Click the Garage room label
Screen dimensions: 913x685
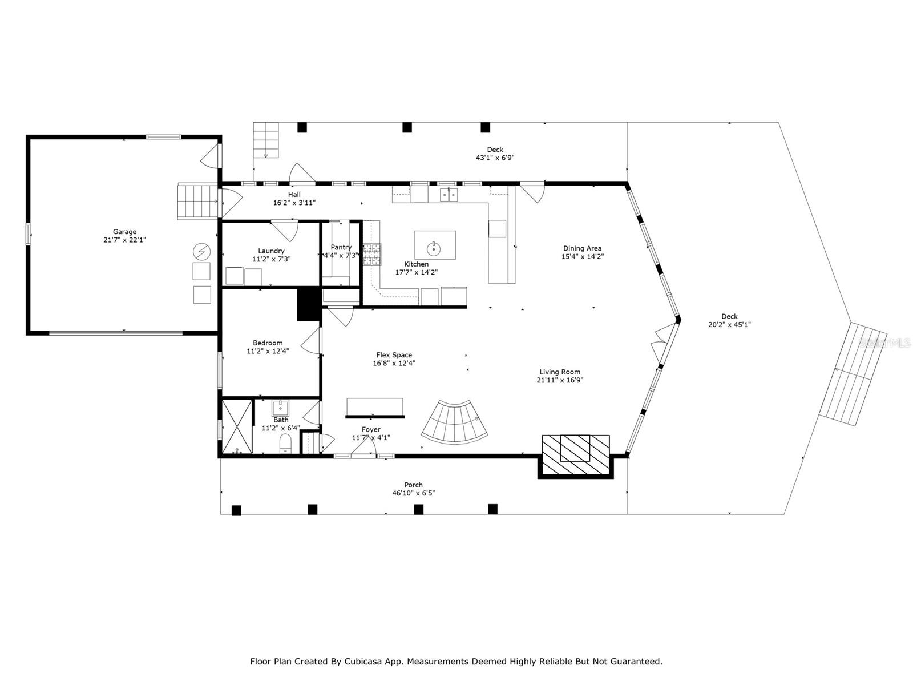click(124, 232)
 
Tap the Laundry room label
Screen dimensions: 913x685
click(271, 251)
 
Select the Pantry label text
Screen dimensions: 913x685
click(341, 248)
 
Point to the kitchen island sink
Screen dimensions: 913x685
click(434, 249)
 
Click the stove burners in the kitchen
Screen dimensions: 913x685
click(372, 254)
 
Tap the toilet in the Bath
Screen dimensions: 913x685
click(285, 443)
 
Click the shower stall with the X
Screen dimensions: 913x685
click(237, 427)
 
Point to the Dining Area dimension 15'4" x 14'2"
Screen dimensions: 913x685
click(583, 257)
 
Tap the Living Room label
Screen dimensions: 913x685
click(560, 372)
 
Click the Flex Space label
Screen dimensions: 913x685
click(394, 354)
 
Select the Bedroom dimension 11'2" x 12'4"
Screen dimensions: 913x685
click(268, 351)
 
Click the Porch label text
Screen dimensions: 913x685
click(414, 485)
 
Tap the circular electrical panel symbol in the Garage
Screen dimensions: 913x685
click(202, 252)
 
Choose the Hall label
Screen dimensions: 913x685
click(294, 194)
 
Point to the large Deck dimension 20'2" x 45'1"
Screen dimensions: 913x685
click(730, 324)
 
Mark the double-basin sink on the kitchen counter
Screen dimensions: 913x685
click(449, 195)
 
